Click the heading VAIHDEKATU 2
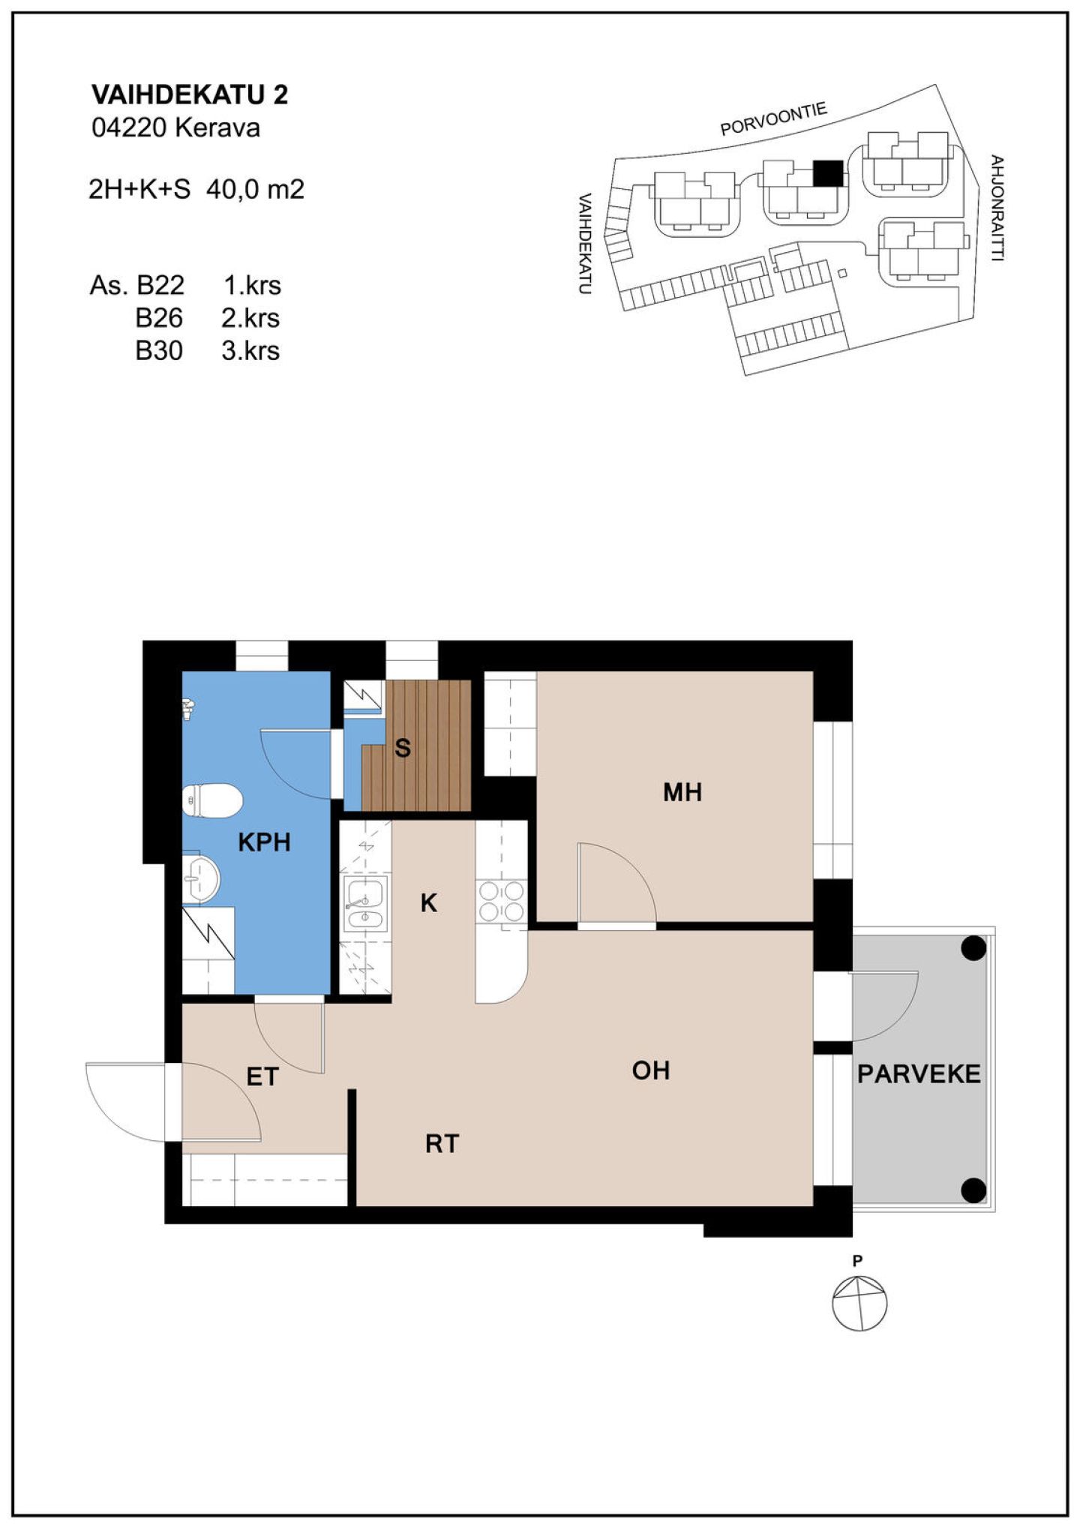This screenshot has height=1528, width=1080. tap(190, 95)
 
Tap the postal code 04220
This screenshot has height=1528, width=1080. tap(129, 128)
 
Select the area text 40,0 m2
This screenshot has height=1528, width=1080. tap(255, 190)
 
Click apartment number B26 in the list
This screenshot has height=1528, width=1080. tap(159, 318)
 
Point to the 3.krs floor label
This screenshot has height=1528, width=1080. tap(250, 351)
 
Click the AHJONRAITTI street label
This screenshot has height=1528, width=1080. tap(997, 208)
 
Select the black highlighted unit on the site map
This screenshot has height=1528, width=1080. tap(828, 173)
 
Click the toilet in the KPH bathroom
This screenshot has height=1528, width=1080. tap(212, 800)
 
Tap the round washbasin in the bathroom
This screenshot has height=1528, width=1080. tap(202, 878)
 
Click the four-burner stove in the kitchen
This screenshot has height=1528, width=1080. tap(502, 901)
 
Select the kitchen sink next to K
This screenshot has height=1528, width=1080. tap(365, 904)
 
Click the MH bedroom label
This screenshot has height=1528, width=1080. tap(682, 792)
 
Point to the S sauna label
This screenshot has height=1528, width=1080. tap(403, 748)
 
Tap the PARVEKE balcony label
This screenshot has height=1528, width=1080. tap(919, 1074)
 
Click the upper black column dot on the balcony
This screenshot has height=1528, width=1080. tap(973, 948)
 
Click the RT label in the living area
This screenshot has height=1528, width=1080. tap(442, 1144)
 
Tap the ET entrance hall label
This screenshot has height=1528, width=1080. tap(262, 1077)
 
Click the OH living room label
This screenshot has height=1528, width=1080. tap(651, 1070)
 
